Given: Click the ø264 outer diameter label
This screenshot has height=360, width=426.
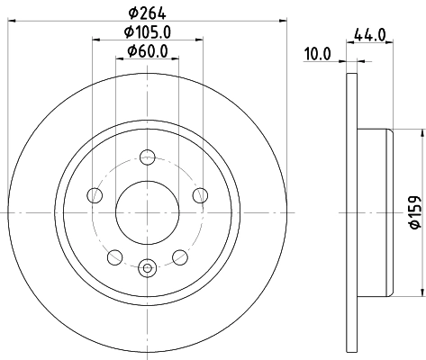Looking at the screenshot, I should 147,12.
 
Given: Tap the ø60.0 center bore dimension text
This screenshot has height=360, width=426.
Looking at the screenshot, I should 147,52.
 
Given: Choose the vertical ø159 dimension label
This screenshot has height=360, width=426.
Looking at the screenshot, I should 415,212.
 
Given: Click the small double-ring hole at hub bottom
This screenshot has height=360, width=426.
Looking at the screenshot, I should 147,266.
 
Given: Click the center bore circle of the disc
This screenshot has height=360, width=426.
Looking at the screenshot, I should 147,212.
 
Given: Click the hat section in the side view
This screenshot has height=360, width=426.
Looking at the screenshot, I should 374,212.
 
